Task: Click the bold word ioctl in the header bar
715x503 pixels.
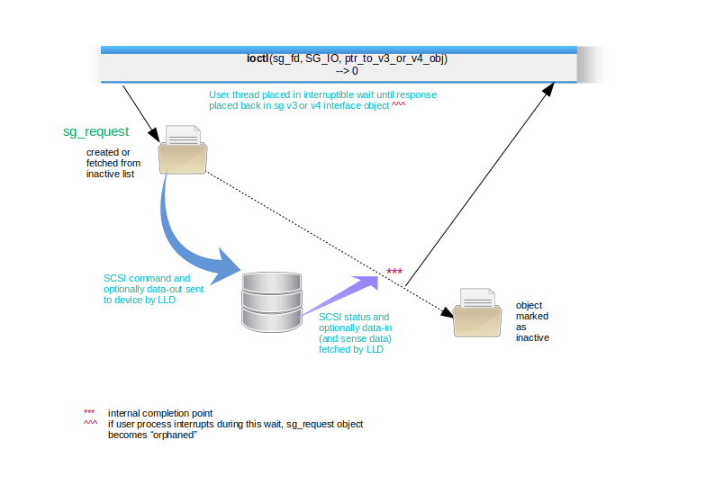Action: pyautogui.click(x=258, y=58)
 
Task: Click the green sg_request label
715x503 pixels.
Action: pyautogui.click(x=95, y=131)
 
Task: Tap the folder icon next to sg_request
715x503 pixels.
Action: pyautogui.click(x=183, y=149)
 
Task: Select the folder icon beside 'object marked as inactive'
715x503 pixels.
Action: pyautogui.click(x=477, y=312)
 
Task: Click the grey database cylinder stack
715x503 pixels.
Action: pyautogui.click(x=272, y=302)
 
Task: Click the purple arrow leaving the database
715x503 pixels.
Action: pyautogui.click(x=339, y=296)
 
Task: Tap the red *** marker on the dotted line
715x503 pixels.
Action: pyautogui.click(x=394, y=272)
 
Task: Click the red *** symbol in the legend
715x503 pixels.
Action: pyautogui.click(x=89, y=412)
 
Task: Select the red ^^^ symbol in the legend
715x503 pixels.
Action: pyautogui.click(x=90, y=422)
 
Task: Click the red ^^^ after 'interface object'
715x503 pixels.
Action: pyautogui.click(x=398, y=103)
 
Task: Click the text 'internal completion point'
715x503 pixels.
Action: pyautogui.click(x=160, y=413)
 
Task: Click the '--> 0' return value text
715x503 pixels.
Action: pyautogui.click(x=347, y=71)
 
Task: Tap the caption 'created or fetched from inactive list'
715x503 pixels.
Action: pyautogui.click(x=113, y=163)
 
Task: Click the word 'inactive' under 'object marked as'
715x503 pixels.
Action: pyautogui.click(x=532, y=337)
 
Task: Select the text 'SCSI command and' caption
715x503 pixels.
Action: pyautogui.click(x=147, y=278)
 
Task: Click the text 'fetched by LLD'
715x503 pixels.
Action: pyautogui.click(x=351, y=349)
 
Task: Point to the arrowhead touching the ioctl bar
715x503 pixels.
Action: pyautogui.click(x=549, y=89)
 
